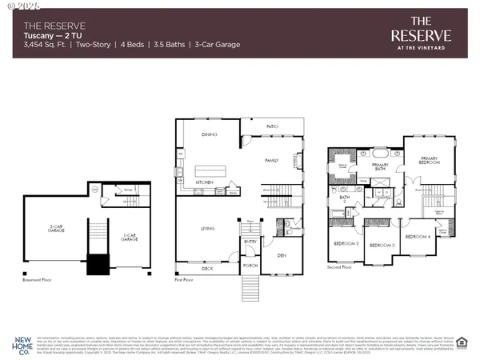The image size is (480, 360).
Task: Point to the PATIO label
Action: (x=273, y=126)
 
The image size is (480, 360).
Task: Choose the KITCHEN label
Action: (x=205, y=182)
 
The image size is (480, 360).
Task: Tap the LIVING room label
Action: (x=207, y=230)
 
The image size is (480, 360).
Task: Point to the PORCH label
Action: (x=250, y=264)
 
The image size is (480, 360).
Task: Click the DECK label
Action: (x=207, y=269)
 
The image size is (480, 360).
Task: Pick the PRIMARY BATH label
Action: (x=380, y=166)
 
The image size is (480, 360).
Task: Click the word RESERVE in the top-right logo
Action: (x=421, y=34)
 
